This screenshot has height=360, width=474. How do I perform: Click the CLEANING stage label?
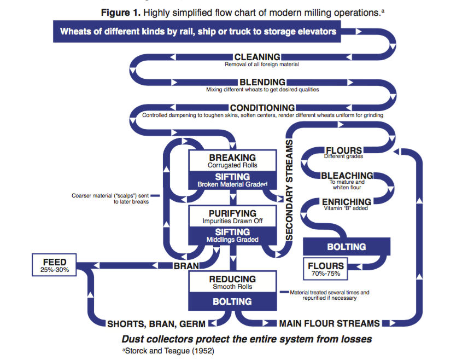click(x=257, y=57)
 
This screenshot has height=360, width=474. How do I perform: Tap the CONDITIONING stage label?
click(x=262, y=108)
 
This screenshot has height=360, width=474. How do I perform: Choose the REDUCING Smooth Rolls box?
click(x=232, y=282)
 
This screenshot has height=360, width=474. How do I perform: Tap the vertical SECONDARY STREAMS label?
click(x=290, y=189)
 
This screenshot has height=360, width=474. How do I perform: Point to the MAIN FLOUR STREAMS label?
click(x=330, y=323)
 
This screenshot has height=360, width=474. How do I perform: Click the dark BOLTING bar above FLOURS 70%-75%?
click(x=346, y=246)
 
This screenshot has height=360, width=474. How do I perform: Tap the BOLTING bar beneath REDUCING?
click(x=232, y=301)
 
